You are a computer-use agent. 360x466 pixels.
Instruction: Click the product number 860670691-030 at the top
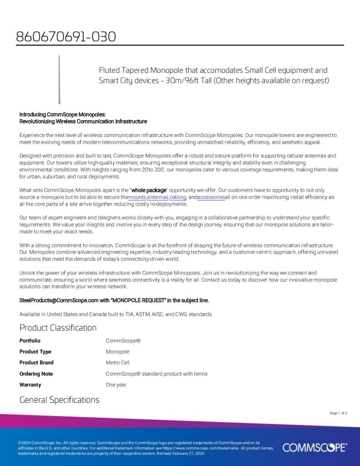click(66, 36)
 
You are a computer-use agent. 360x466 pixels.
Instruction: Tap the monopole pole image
click(59, 80)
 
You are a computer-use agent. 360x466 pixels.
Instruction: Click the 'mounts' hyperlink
click(137, 198)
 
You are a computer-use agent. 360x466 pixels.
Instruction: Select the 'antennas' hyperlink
click(157, 198)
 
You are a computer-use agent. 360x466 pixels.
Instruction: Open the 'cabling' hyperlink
click(178, 198)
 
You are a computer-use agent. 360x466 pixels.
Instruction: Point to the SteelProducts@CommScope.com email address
click(59, 300)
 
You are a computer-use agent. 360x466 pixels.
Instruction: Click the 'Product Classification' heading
click(58, 328)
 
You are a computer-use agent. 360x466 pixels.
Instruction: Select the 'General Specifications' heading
click(59, 400)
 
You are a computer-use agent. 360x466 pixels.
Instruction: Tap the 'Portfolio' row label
click(30, 341)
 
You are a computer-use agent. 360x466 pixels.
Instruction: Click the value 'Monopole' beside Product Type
click(117, 352)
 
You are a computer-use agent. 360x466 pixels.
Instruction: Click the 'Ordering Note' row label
click(36, 374)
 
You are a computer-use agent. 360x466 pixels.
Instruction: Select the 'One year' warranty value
click(116, 385)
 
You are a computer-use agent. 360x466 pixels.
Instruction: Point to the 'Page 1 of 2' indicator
click(338, 413)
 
